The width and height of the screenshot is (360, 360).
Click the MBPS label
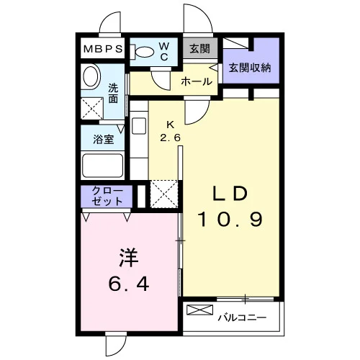click(x=103, y=49)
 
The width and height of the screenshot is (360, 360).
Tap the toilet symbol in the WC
click(x=142, y=51)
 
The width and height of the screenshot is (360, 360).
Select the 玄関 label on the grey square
click(x=199, y=49)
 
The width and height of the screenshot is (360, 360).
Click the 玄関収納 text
click(x=250, y=68)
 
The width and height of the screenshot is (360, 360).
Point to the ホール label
click(x=197, y=81)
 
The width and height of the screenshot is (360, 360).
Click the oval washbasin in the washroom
click(x=91, y=76)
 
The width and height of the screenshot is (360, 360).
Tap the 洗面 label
click(x=113, y=93)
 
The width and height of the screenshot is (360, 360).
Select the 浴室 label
click(x=103, y=139)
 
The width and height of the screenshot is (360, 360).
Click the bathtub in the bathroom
click(x=102, y=166)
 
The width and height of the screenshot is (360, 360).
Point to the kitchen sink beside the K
click(x=139, y=126)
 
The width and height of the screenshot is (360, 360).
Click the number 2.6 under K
click(x=170, y=138)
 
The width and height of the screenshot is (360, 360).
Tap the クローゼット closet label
click(x=107, y=197)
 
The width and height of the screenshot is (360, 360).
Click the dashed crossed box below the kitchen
click(x=164, y=194)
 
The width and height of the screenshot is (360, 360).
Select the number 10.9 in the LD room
click(x=230, y=220)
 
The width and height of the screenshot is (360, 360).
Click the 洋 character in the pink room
click(x=129, y=257)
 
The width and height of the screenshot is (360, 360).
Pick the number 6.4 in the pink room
click(x=129, y=284)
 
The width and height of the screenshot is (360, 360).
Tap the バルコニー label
click(x=242, y=318)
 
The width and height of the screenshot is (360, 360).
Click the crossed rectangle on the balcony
click(x=199, y=310)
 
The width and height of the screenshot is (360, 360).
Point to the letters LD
click(x=230, y=194)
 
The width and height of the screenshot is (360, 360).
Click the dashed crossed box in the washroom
click(x=92, y=108)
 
